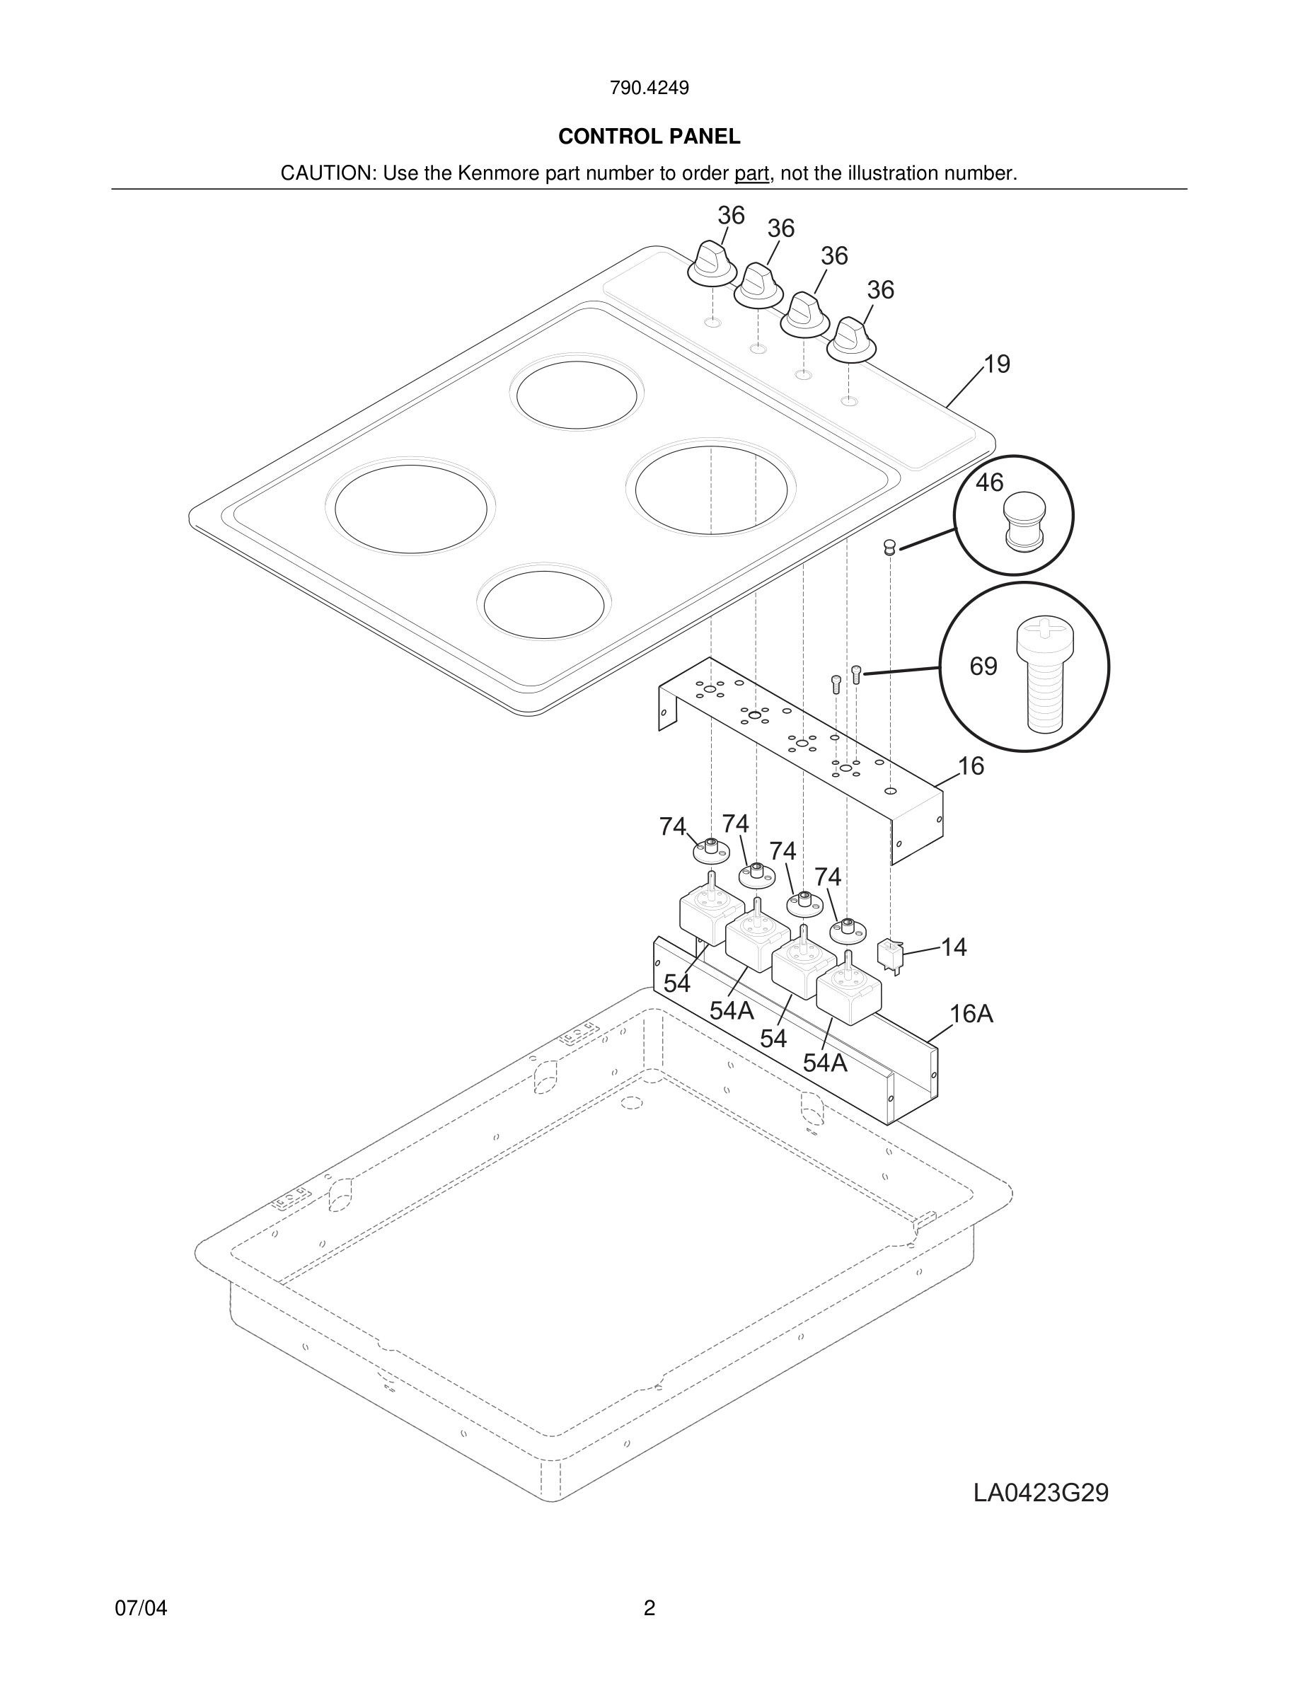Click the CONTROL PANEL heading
click(x=649, y=137)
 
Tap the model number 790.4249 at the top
click(x=649, y=88)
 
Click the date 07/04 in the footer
click(x=141, y=1608)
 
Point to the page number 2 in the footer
click(x=649, y=1608)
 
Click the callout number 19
click(x=997, y=364)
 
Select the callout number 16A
click(x=971, y=1015)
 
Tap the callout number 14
click(x=954, y=947)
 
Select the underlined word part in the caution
click(x=751, y=173)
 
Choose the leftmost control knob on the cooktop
click(x=712, y=262)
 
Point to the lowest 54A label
click(x=825, y=1063)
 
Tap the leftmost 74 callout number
click(x=673, y=826)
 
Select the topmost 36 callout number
click(x=731, y=216)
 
